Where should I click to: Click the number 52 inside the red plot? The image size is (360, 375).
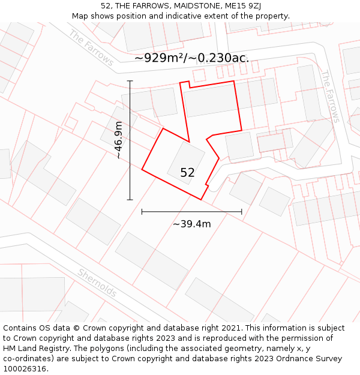(187, 173)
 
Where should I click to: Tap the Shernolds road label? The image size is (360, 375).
(97, 283)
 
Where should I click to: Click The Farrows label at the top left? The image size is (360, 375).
(91, 47)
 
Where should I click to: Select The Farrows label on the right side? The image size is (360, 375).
(330, 97)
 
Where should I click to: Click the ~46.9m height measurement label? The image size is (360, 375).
(119, 140)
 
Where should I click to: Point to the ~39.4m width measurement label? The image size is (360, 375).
(192, 224)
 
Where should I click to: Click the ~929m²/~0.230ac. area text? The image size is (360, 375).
(191, 58)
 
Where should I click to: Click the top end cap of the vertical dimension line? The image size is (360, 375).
(130, 80)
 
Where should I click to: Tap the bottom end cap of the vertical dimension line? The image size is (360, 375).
(130, 200)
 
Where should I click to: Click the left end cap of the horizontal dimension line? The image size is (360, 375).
(142, 211)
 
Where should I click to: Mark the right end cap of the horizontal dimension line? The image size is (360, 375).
(242, 211)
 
